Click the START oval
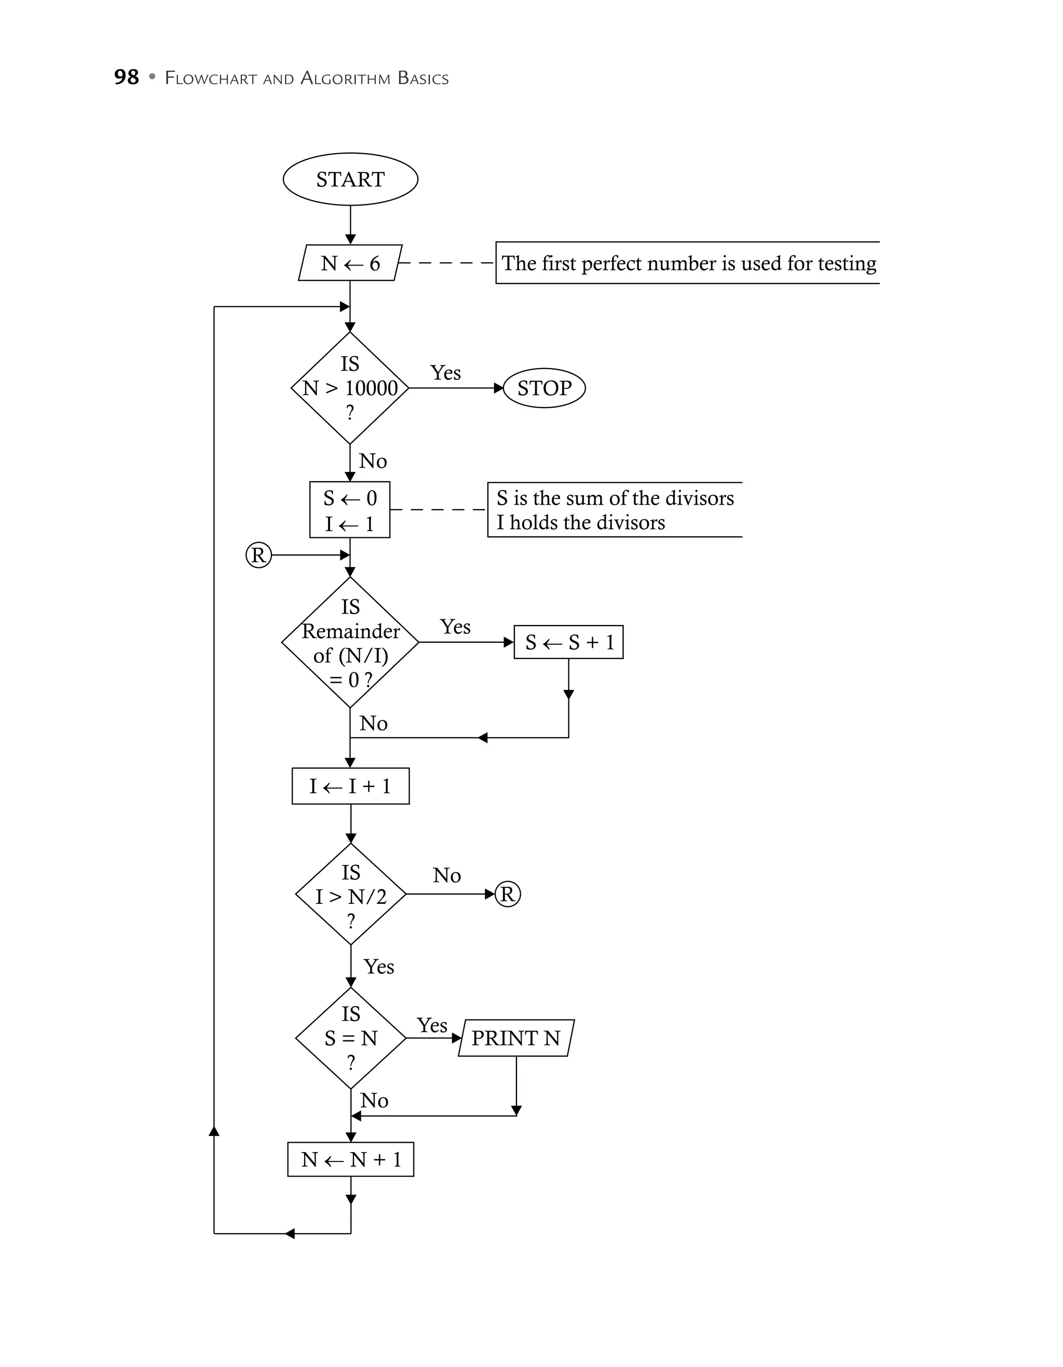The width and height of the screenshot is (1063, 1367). pyautogui.click(x=350, y=179)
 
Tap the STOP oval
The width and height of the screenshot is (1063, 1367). pyautogui.click(x=544, y=388)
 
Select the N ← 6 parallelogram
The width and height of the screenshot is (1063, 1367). pyautogui.click(x=350, y=263)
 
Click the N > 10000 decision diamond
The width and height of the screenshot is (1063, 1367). pyautogui.click(x=350, y=388)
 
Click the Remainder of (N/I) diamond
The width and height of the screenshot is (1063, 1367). pyautogui.click(x=350, y=642)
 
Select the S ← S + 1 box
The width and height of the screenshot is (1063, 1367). pyautogui.click(x=569, y=642)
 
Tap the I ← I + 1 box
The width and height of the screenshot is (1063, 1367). pyautogui.click(x=350, y=786)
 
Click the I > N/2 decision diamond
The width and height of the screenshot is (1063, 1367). pyautogui.click(x=351, y=895)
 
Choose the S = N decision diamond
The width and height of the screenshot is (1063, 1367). pyautogui.click(x=351, y=1038)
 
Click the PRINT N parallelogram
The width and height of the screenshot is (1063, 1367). pyautogui.click(x=516, y=1038)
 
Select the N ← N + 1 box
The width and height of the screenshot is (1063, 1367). pyautogui.click(x=351, y=1160)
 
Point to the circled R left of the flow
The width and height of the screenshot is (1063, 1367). pyautogui.click(x=258, y=555)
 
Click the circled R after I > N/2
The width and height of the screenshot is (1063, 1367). pyautogui.click(x=508, y=895)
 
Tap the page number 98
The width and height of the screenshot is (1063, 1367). pyautogui.click(x=126, y=77)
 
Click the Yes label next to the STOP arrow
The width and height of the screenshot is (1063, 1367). pyautogui.click(x=445, y=373)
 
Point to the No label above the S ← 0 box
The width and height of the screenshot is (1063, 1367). pyautogui.click(x=373, y=462)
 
